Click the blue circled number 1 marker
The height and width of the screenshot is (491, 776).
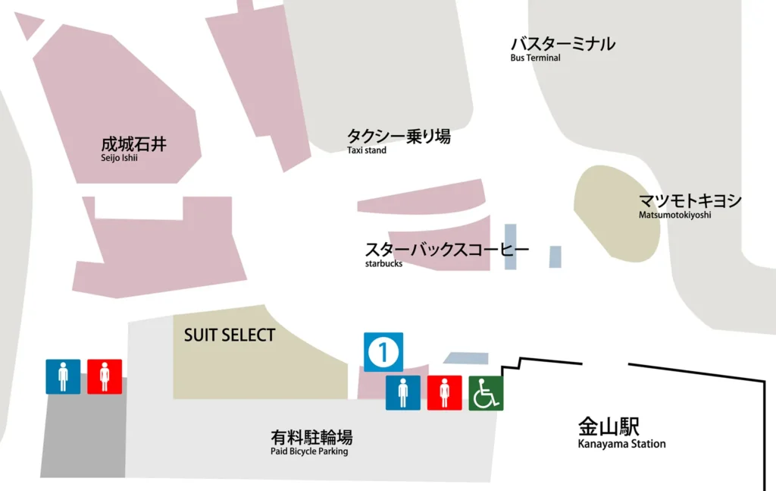[x=383, y=352]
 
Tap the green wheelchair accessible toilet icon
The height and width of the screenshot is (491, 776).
[x=486, y=393]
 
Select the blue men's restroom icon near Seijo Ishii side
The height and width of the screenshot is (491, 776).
[x=63, y=376]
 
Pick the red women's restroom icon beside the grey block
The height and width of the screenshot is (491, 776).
[x=105, y=376]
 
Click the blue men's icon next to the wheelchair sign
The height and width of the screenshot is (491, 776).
[x=403, y=393]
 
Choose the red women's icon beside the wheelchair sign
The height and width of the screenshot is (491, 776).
[x=445, y=393]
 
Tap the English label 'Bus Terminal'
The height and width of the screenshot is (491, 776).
[x=535, y=58]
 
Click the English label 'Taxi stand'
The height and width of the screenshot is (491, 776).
[x=367, y=150]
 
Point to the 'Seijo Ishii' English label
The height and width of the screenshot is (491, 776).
[x=120, y=158]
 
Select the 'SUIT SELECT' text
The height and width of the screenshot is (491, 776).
[x=230, y=335]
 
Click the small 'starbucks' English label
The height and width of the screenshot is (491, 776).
[x=383, y=264]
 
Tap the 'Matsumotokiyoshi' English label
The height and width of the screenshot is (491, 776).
[x=674, y=215]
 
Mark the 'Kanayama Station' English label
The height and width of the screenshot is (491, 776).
[x=621, y=444]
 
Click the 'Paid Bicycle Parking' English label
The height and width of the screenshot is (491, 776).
[x=309, y=452]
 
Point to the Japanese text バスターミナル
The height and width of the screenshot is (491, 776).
[x=562, y=44]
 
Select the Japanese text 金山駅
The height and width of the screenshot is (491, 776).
[x=609, y=426]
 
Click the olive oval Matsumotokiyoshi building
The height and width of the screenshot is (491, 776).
[x=617, y=214]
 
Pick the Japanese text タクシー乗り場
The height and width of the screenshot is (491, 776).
[x=399, y=137]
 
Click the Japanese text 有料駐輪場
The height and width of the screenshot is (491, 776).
[x=311, y=437]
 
